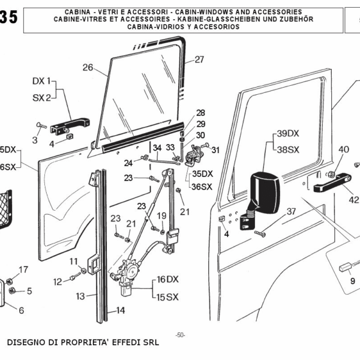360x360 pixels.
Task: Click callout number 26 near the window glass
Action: (x=88, y=67)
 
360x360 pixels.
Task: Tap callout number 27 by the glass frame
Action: (x=199, y=59)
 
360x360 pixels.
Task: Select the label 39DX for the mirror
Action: (x=288, y=133)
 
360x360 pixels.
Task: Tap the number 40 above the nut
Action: (x=343, y=149)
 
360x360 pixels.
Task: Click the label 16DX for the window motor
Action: (x=169, y=280)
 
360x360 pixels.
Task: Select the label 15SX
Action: (x=169, y=297)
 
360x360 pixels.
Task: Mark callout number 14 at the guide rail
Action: (x=120, y=310)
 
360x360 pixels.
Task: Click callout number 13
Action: (x=80, y=295)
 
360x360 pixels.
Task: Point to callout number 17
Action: (x=23, y=269)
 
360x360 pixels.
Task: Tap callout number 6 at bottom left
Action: (x=22, y=310)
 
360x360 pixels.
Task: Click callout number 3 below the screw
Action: (x=35, y=140)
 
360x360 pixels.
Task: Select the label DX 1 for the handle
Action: (x=42, y=80)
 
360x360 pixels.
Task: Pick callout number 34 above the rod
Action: (x=157, y=148)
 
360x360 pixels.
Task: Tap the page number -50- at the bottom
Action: (x=180, y=335)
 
